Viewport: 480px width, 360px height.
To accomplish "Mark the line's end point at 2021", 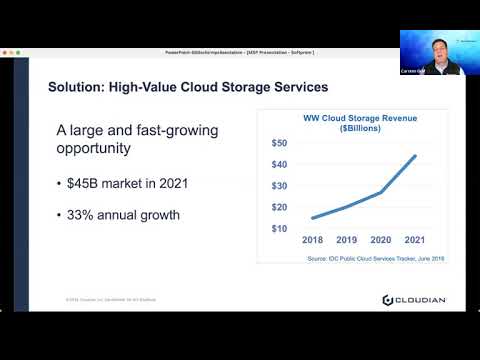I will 415,156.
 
